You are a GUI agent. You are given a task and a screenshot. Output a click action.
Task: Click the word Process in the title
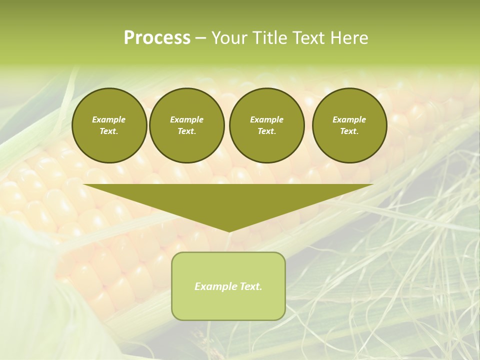(157, 38)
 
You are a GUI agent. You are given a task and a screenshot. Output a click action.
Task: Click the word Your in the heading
(229, 38)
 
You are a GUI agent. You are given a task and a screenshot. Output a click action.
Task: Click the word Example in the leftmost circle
(109, 119)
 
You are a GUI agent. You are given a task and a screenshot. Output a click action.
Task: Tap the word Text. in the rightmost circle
(349, 131)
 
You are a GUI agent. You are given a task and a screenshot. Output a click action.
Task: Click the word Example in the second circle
(187, 119)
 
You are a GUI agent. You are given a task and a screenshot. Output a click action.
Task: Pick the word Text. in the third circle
(266, 131)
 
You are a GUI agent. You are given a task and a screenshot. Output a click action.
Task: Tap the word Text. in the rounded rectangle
(250, 286)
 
